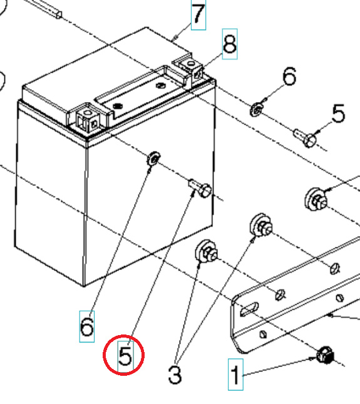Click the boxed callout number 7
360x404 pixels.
tap(198, 15)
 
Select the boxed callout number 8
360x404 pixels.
tap(230, 44)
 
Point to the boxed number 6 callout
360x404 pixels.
tap(87, 326)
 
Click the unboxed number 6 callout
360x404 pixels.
tap(288, 78)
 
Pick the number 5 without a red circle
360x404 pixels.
tap(337, 115)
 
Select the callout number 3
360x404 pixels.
tap(175, 374)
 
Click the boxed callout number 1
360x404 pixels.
tap(235, 376)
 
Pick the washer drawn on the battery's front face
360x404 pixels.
tap(152, 160)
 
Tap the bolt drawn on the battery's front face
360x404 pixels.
tap(198, 187)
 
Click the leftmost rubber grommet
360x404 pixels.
tap(207, 251)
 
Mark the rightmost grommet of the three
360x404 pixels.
tap(316, 199)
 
